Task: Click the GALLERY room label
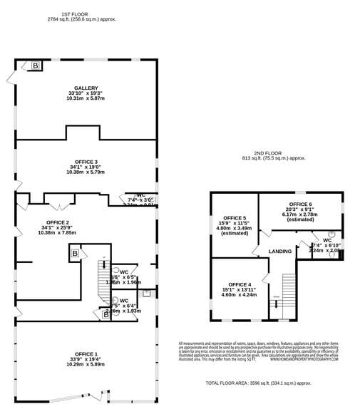click(x=86, y=88)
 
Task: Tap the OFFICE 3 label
click(x=86, y=162)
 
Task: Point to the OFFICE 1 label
click(x=86, y=353)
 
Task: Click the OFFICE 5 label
click(x=235, y=217)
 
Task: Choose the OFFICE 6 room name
click(x=300, y=205)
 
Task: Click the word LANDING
click(x=281, y=252)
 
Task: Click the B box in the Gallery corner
click(x=35, y=66)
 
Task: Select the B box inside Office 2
click(x=74, y=253)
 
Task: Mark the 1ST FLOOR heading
click(x=74, y=14)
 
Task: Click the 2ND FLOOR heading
click(x=273, y=152)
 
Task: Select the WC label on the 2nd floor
click(x=326, y=240)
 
